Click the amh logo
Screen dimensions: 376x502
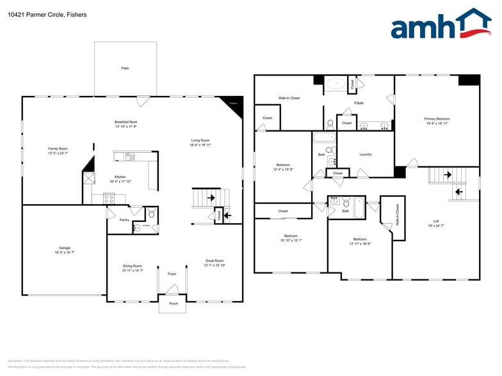(441, 26)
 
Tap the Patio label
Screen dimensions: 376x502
(125, 68)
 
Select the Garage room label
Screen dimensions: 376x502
(65, 247)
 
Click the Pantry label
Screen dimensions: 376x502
(124, 220)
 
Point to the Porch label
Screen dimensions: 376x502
(172, 304)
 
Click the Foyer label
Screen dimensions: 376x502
(172, 274)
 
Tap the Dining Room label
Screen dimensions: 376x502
(133, 266)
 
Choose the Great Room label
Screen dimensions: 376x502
(214, 260)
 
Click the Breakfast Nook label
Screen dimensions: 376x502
(125, 122)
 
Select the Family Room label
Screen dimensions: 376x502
(58, 148)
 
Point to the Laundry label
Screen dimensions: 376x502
(366, 154)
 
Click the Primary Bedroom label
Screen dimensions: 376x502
(437, 119)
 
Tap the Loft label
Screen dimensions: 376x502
(435, 221)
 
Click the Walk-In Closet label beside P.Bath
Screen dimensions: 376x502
(289, 98)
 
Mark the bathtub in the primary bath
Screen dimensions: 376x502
(335, 84)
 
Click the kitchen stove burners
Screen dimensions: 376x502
(109, 198)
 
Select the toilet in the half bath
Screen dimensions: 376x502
(151, 214)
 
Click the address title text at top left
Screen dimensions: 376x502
(39, 14)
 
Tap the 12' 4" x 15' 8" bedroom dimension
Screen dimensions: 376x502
(282, 169)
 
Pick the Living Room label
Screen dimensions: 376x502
(200, 141)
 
